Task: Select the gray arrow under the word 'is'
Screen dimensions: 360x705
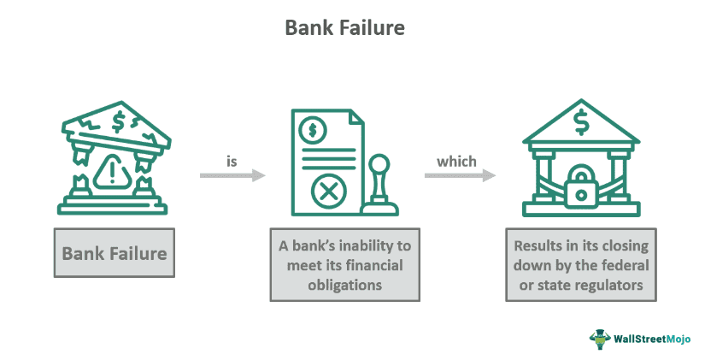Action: [232, 175]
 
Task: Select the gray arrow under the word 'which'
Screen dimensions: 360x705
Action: [460, 175]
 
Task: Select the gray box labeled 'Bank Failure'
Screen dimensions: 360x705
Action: [114, 253]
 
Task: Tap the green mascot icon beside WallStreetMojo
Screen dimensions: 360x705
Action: [602, 339]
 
